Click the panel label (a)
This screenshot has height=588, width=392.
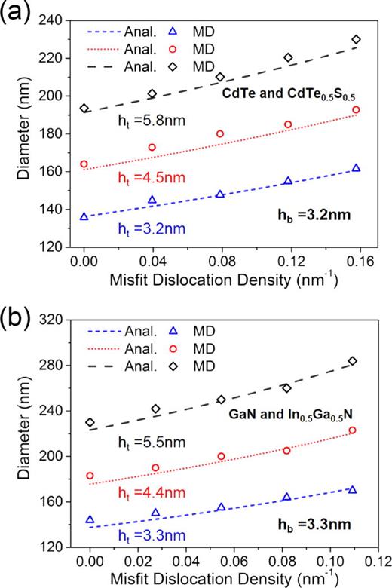(17, 13)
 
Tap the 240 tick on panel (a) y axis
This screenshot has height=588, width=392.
(55, 20)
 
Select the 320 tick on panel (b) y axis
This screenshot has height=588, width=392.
(55, 320)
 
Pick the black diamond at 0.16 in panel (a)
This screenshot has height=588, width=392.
(356, 39)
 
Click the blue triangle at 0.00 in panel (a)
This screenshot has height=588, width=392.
(84, 216)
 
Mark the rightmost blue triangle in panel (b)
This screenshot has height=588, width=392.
(352, 490)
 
